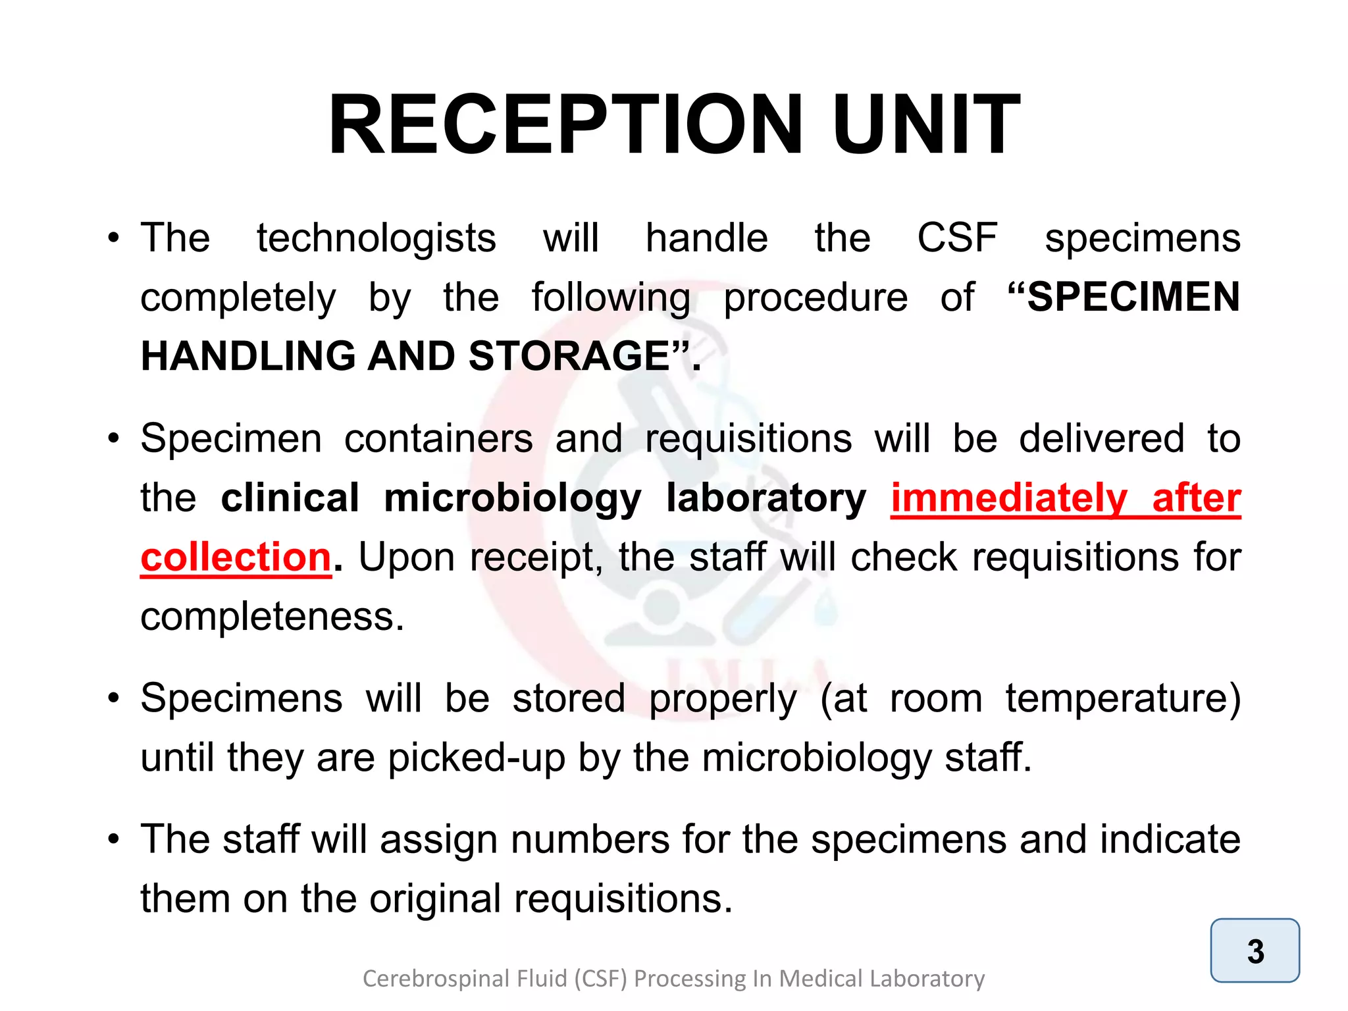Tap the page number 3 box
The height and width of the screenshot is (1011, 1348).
(1255, 950)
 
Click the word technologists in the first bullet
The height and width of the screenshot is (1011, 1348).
(376, 238)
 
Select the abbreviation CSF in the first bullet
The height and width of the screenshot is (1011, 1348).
(957, 238)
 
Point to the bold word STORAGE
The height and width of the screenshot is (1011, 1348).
(569, 357)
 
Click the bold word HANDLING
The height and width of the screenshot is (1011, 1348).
(247, 357)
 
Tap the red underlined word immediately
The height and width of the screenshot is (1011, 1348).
(1009, 498)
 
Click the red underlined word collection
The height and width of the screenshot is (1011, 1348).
(236, 557)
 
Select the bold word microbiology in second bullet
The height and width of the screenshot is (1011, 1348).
(512, 498)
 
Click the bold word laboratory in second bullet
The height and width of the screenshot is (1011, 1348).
(766, 498)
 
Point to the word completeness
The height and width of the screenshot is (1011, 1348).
(272, 617)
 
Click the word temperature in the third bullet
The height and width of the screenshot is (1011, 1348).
(1122, 698)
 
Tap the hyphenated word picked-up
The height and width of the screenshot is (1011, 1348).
(476, 758)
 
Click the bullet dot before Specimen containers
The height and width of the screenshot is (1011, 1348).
(115, 438)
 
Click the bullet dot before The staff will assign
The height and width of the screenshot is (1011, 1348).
(115, 840)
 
